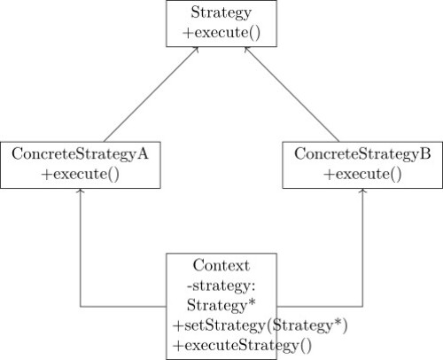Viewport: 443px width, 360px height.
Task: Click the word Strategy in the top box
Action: [x=221, y=13]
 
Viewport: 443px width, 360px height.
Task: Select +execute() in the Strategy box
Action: [x=221, y=33]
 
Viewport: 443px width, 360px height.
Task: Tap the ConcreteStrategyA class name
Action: [x=80, y=153]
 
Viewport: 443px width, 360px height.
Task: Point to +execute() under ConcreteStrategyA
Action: [x=80, y=173]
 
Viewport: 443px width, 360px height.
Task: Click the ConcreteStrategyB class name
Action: [x=362, y=153]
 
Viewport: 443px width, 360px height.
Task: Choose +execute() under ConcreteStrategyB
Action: [x=362, y=173]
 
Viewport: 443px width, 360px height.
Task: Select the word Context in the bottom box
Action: [x=221, y=265]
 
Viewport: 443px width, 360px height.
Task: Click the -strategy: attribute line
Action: [x=221, y=286]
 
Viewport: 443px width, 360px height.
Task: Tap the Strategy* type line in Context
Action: [x=221, y=305]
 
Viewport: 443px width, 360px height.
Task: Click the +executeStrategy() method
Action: [x=243, y=345]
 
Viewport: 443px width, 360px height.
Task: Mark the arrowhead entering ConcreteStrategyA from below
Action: [x=81, y=191]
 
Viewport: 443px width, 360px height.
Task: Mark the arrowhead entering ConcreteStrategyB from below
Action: [x=363, y=191]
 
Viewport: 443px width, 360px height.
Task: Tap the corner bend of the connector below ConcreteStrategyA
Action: [x=81, y=307]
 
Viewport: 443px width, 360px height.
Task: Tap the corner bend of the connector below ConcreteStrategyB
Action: [x=363, y=307]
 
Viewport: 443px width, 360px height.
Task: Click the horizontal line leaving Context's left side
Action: [x=124, y=307]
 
